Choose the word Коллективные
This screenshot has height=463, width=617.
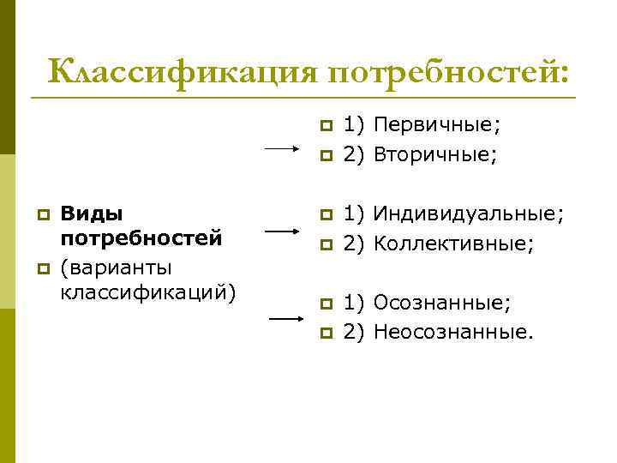coord(453,243)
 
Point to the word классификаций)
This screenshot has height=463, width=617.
coord(147,292)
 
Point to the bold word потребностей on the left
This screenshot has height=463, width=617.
coord(141,236)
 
